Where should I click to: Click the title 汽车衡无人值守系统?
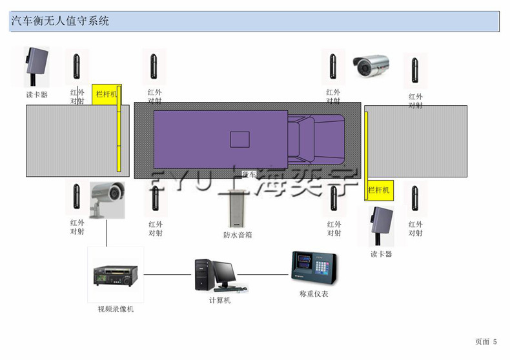click(61, 21)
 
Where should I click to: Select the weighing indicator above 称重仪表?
click(314, 268)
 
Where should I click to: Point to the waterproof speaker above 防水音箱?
click(237, 210)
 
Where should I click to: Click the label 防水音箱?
click(238, 235)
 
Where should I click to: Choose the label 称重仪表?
click(314, 294)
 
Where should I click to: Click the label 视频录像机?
click(116, 309)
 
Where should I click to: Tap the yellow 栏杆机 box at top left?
click(107, 94)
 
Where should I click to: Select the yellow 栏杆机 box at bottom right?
click(379, 190)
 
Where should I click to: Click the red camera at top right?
click(371, 65)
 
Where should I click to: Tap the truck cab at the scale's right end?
click(316, 139)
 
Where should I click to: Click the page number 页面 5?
click(486, 341)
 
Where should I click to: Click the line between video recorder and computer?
click(168, 275)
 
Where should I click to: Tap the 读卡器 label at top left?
click(37, 94)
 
